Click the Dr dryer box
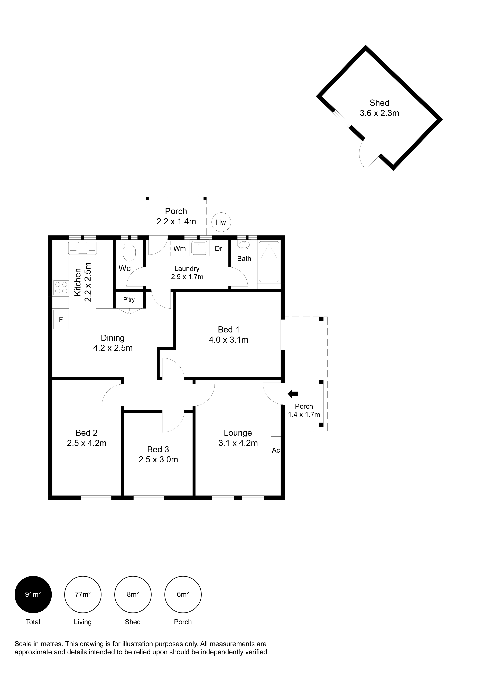pos(219,249)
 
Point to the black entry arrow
pos(293,394)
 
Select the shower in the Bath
pos(269,262)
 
